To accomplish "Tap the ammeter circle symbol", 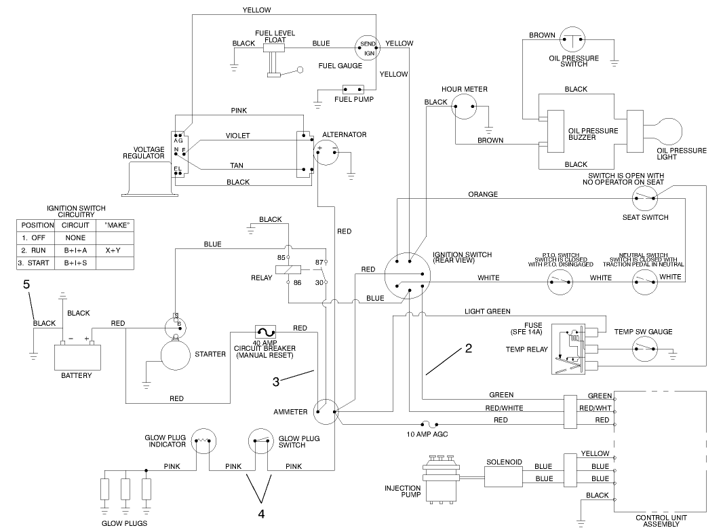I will [326, 411].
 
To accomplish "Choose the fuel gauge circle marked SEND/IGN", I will [367, 48].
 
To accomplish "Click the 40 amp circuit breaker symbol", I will [264, 331].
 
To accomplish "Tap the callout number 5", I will [26, 285].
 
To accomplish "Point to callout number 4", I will [260, 513].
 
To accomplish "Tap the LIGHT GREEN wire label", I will [487, 311].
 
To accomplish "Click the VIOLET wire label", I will [237, 136].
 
